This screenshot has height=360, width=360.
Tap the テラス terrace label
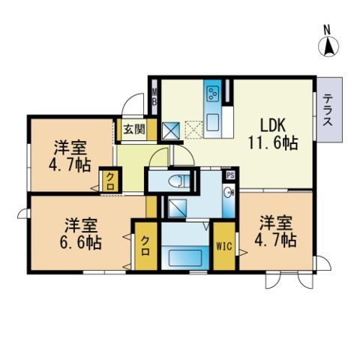[x=328, y=110]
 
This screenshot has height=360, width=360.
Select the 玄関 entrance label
[x=135, y=129]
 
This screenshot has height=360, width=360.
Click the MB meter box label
[x=154, y=97]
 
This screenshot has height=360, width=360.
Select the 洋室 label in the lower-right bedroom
[x=276, y=223]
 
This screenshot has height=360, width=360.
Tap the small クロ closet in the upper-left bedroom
[x=109, y=180]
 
